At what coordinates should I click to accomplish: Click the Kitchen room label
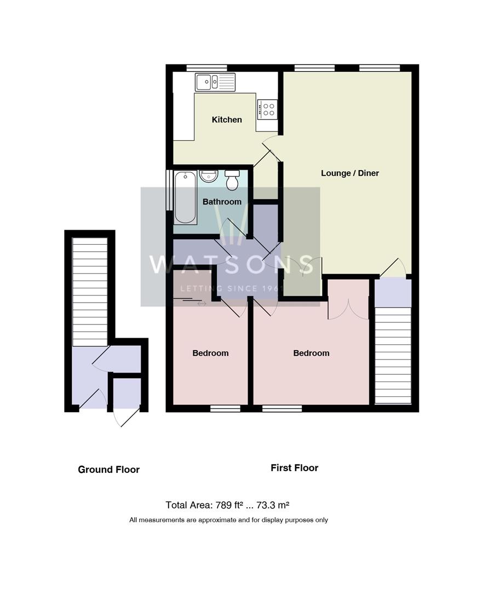click(227, 120)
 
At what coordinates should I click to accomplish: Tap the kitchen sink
click(215, 82)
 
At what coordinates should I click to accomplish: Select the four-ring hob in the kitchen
click(268, 108)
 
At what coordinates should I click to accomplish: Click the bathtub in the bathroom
click(186, 197)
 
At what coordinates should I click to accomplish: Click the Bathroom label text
click(222, 202)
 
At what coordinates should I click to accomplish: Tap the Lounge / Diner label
click(349, 173)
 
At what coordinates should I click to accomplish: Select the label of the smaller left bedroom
click(210, 353)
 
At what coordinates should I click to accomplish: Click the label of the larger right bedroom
click(311, 353)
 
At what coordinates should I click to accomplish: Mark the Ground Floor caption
click(108, 470)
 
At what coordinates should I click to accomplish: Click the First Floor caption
click(294, 468)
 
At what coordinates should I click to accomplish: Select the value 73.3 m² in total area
click(280, 505)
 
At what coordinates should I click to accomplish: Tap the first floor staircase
click(393, 356)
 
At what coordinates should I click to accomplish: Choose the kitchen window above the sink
click(206, 68)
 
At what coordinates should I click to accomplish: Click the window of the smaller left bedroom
click(225, 408)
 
